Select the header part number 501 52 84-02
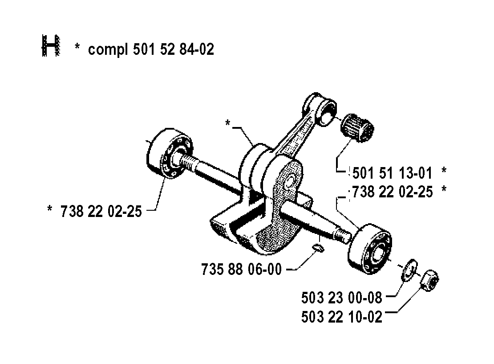[x=173, y=49]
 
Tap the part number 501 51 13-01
[x=392, y=173]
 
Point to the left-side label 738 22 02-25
[x=101, y=211]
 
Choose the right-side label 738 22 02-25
[x=393, y=192]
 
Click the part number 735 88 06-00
[x=241, y=270]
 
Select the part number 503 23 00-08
[x=341, y=298]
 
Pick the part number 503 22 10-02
[x=342, y=317]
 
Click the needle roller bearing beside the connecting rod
[x=357, y=128]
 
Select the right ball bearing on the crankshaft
[x=370, y=249]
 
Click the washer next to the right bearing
[x=409, y=270]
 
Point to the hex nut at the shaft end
[x=429, y=280]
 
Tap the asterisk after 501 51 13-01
[x=444, y=171]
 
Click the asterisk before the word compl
[x=77, y=47]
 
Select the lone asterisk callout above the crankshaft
[x=228, y=123]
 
